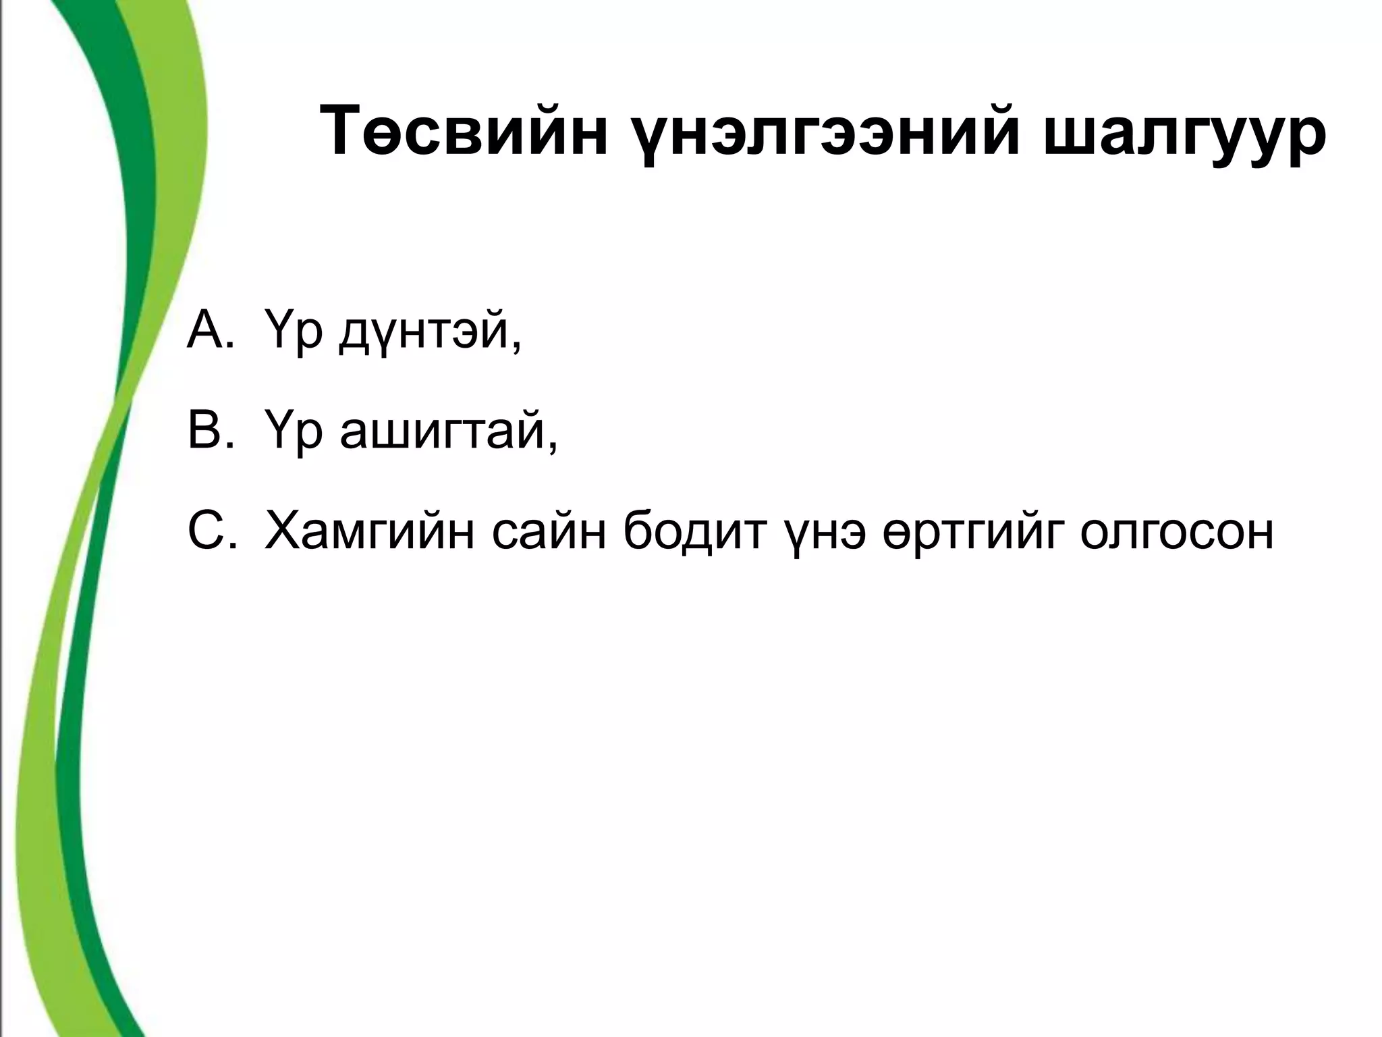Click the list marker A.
coord(209,331)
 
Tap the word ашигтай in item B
coord(441,433)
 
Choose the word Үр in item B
coord(293,433)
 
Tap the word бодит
coord(696,531)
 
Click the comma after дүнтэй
coord(516,348)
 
